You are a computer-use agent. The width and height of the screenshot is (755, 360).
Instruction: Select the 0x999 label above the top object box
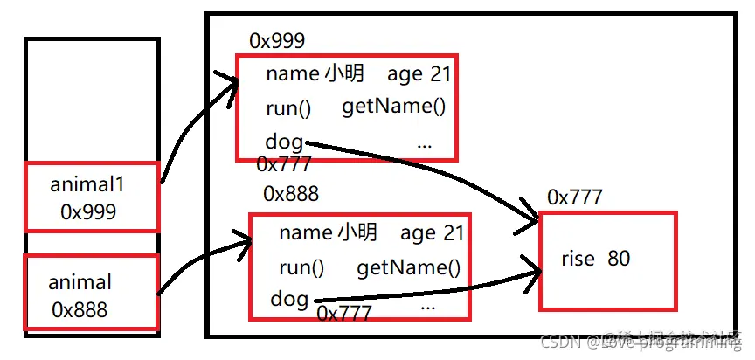point(277,41)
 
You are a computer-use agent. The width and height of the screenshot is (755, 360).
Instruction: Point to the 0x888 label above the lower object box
point(291,193)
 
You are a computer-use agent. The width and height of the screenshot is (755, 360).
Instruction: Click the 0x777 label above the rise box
point(574,197)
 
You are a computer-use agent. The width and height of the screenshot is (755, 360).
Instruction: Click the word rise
point(578,259)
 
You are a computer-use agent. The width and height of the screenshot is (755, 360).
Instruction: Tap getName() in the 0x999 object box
point(393,107)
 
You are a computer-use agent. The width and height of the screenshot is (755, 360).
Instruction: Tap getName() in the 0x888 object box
point(408,268)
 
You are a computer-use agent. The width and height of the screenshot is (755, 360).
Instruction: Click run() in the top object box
point(288,109)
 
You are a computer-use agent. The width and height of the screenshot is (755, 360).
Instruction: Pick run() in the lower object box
point(301,268)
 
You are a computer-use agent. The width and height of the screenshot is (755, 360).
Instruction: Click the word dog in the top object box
point(285,141)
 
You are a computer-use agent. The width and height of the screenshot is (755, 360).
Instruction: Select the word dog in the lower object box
point(289,299)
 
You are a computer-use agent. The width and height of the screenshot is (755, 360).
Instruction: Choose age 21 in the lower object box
point(433,233)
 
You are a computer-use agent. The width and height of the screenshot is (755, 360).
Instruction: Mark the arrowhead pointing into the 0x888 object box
point(246,239)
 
